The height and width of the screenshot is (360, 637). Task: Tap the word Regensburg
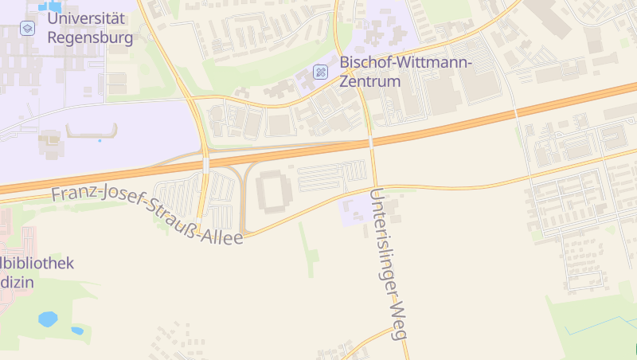(x=90, y=37)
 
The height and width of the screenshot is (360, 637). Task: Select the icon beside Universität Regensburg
(x=27, y=28)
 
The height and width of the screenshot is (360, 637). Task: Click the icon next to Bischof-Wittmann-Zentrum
(x=320, y=72)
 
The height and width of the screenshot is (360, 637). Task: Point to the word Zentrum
(x=369, y=81)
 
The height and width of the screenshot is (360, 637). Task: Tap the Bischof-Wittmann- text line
(x=406, y=62)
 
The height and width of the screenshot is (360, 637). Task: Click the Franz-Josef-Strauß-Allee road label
(x=147, y=215)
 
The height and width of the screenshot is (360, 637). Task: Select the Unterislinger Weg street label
(x=389, y=264)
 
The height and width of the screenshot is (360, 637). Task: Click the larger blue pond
(x=48, y=319)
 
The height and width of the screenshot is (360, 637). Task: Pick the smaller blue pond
(x=77, y=331)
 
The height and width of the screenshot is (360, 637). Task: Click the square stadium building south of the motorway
(x=274, y=190)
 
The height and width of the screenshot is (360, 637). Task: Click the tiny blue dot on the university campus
(x=100, y=141)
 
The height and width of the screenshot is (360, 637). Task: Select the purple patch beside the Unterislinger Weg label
(x=357, y=209)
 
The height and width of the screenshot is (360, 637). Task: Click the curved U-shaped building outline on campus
(x=92, y=132)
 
